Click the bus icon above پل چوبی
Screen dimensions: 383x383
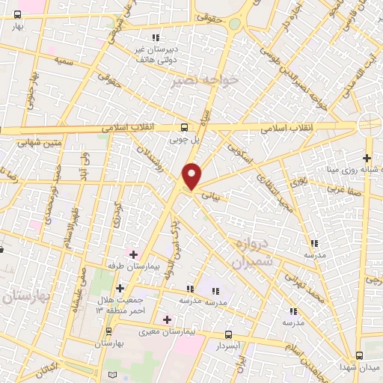tap(184, 126)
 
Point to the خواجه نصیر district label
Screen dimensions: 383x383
tap(204, 79)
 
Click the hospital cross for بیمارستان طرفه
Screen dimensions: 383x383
tap(133, 255)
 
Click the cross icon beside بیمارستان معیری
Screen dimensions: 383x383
tap(167, 319)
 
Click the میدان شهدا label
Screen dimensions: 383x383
tap(358, 367)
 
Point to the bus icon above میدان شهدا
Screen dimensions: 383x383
tap(358, 355)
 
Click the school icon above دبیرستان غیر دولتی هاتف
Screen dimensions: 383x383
tap(155, 37)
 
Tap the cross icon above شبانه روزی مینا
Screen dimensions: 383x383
tap(366, 158)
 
